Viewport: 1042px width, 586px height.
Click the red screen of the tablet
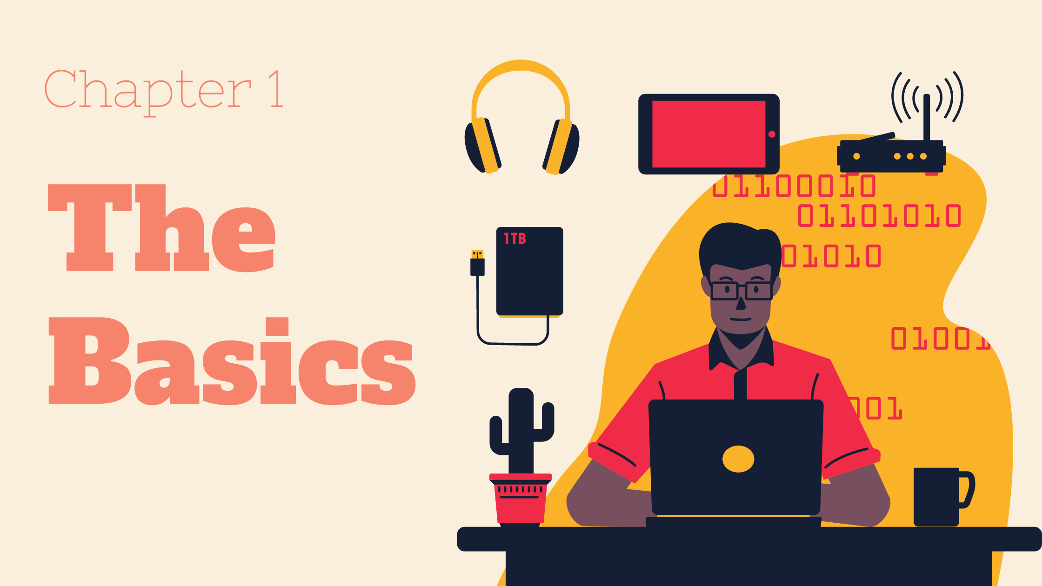tap(708, 134)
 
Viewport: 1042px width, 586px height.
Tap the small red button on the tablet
tap(772, 134)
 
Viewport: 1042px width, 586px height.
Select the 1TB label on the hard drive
tap(515, 239)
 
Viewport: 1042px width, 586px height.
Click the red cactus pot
tap(520, 500)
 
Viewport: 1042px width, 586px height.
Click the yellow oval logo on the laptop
tap(738, 459)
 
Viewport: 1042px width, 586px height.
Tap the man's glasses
tap(741, 291)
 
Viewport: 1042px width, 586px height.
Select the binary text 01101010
tap(879, 216)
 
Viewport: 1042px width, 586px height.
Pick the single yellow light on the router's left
tap(856, 156)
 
